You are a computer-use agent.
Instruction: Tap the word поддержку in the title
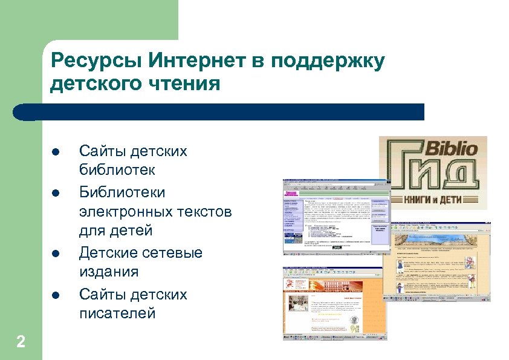(x=328, y=61)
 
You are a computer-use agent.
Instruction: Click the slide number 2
(x=21, y=342)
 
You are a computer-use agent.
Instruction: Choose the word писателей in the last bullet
(x=117, y=313)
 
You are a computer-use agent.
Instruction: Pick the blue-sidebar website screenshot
(x=336, y=215)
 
